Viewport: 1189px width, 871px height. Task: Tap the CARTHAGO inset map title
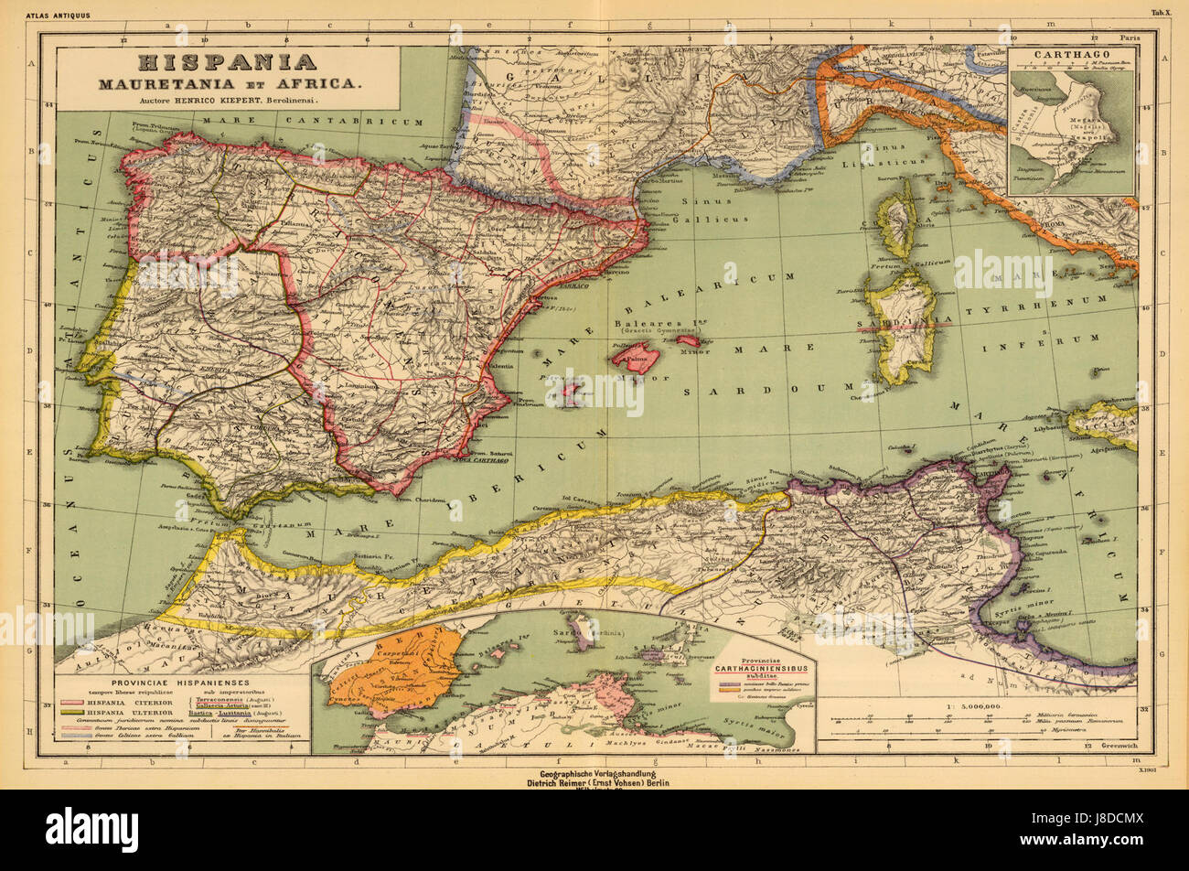pos(1071,54)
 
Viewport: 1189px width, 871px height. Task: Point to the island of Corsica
pos(897,220)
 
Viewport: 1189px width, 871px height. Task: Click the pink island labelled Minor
pos(689,341)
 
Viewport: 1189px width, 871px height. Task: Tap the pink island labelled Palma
pos(636,355)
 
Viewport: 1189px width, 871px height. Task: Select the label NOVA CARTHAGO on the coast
pos(482,459)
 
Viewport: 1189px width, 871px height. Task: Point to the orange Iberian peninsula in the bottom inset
pos(405,672)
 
